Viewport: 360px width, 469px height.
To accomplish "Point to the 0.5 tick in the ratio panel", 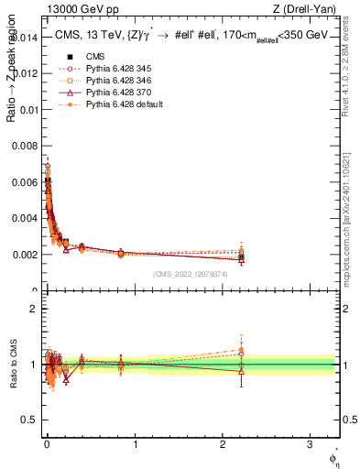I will point(30,420).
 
